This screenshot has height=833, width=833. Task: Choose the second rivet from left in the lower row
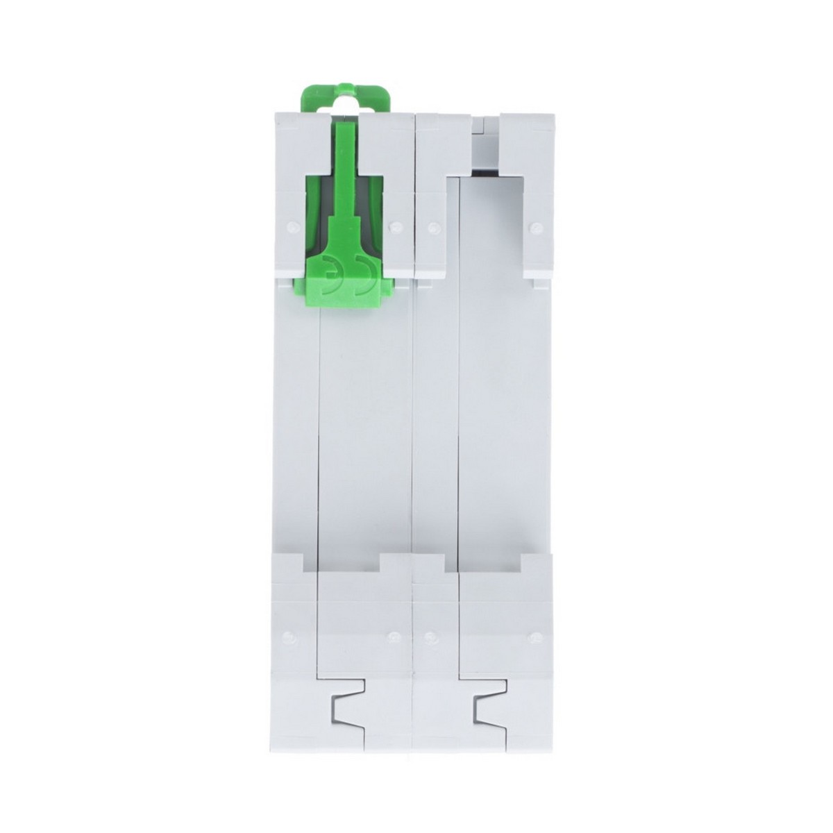point(395,635)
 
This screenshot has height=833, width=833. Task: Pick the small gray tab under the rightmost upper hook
point(540,283)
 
